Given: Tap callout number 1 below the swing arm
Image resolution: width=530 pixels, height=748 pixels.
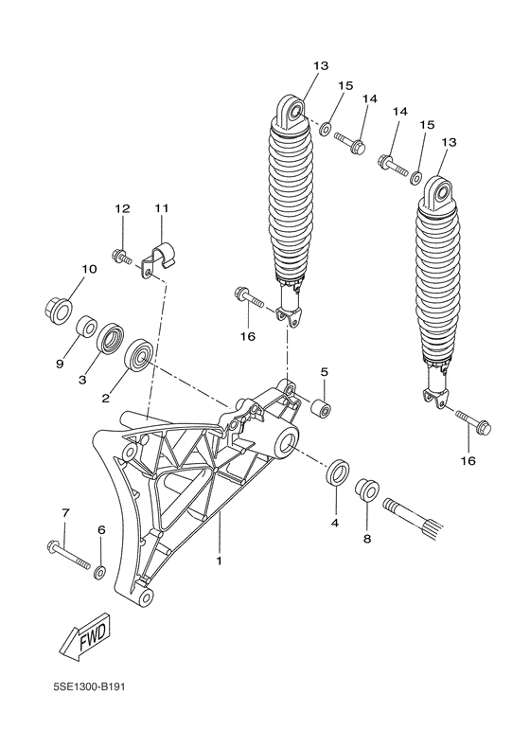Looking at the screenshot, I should tap(219, 561).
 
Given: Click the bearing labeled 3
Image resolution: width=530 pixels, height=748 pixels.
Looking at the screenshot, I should tap(113, 339).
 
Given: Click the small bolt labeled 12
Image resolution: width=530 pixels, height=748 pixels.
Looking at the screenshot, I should tap(122, 255).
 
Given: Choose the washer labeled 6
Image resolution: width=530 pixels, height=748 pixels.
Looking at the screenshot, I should tap(99, 572).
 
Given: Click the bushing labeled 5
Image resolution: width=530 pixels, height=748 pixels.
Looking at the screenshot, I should tap(323, 410).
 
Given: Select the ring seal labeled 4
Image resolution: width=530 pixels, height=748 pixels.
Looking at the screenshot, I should tap(336, 472).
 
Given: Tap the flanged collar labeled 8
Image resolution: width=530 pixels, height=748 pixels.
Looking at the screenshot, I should tap(367, 491).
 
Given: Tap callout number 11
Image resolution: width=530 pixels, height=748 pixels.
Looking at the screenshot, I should tap(160, 207).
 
